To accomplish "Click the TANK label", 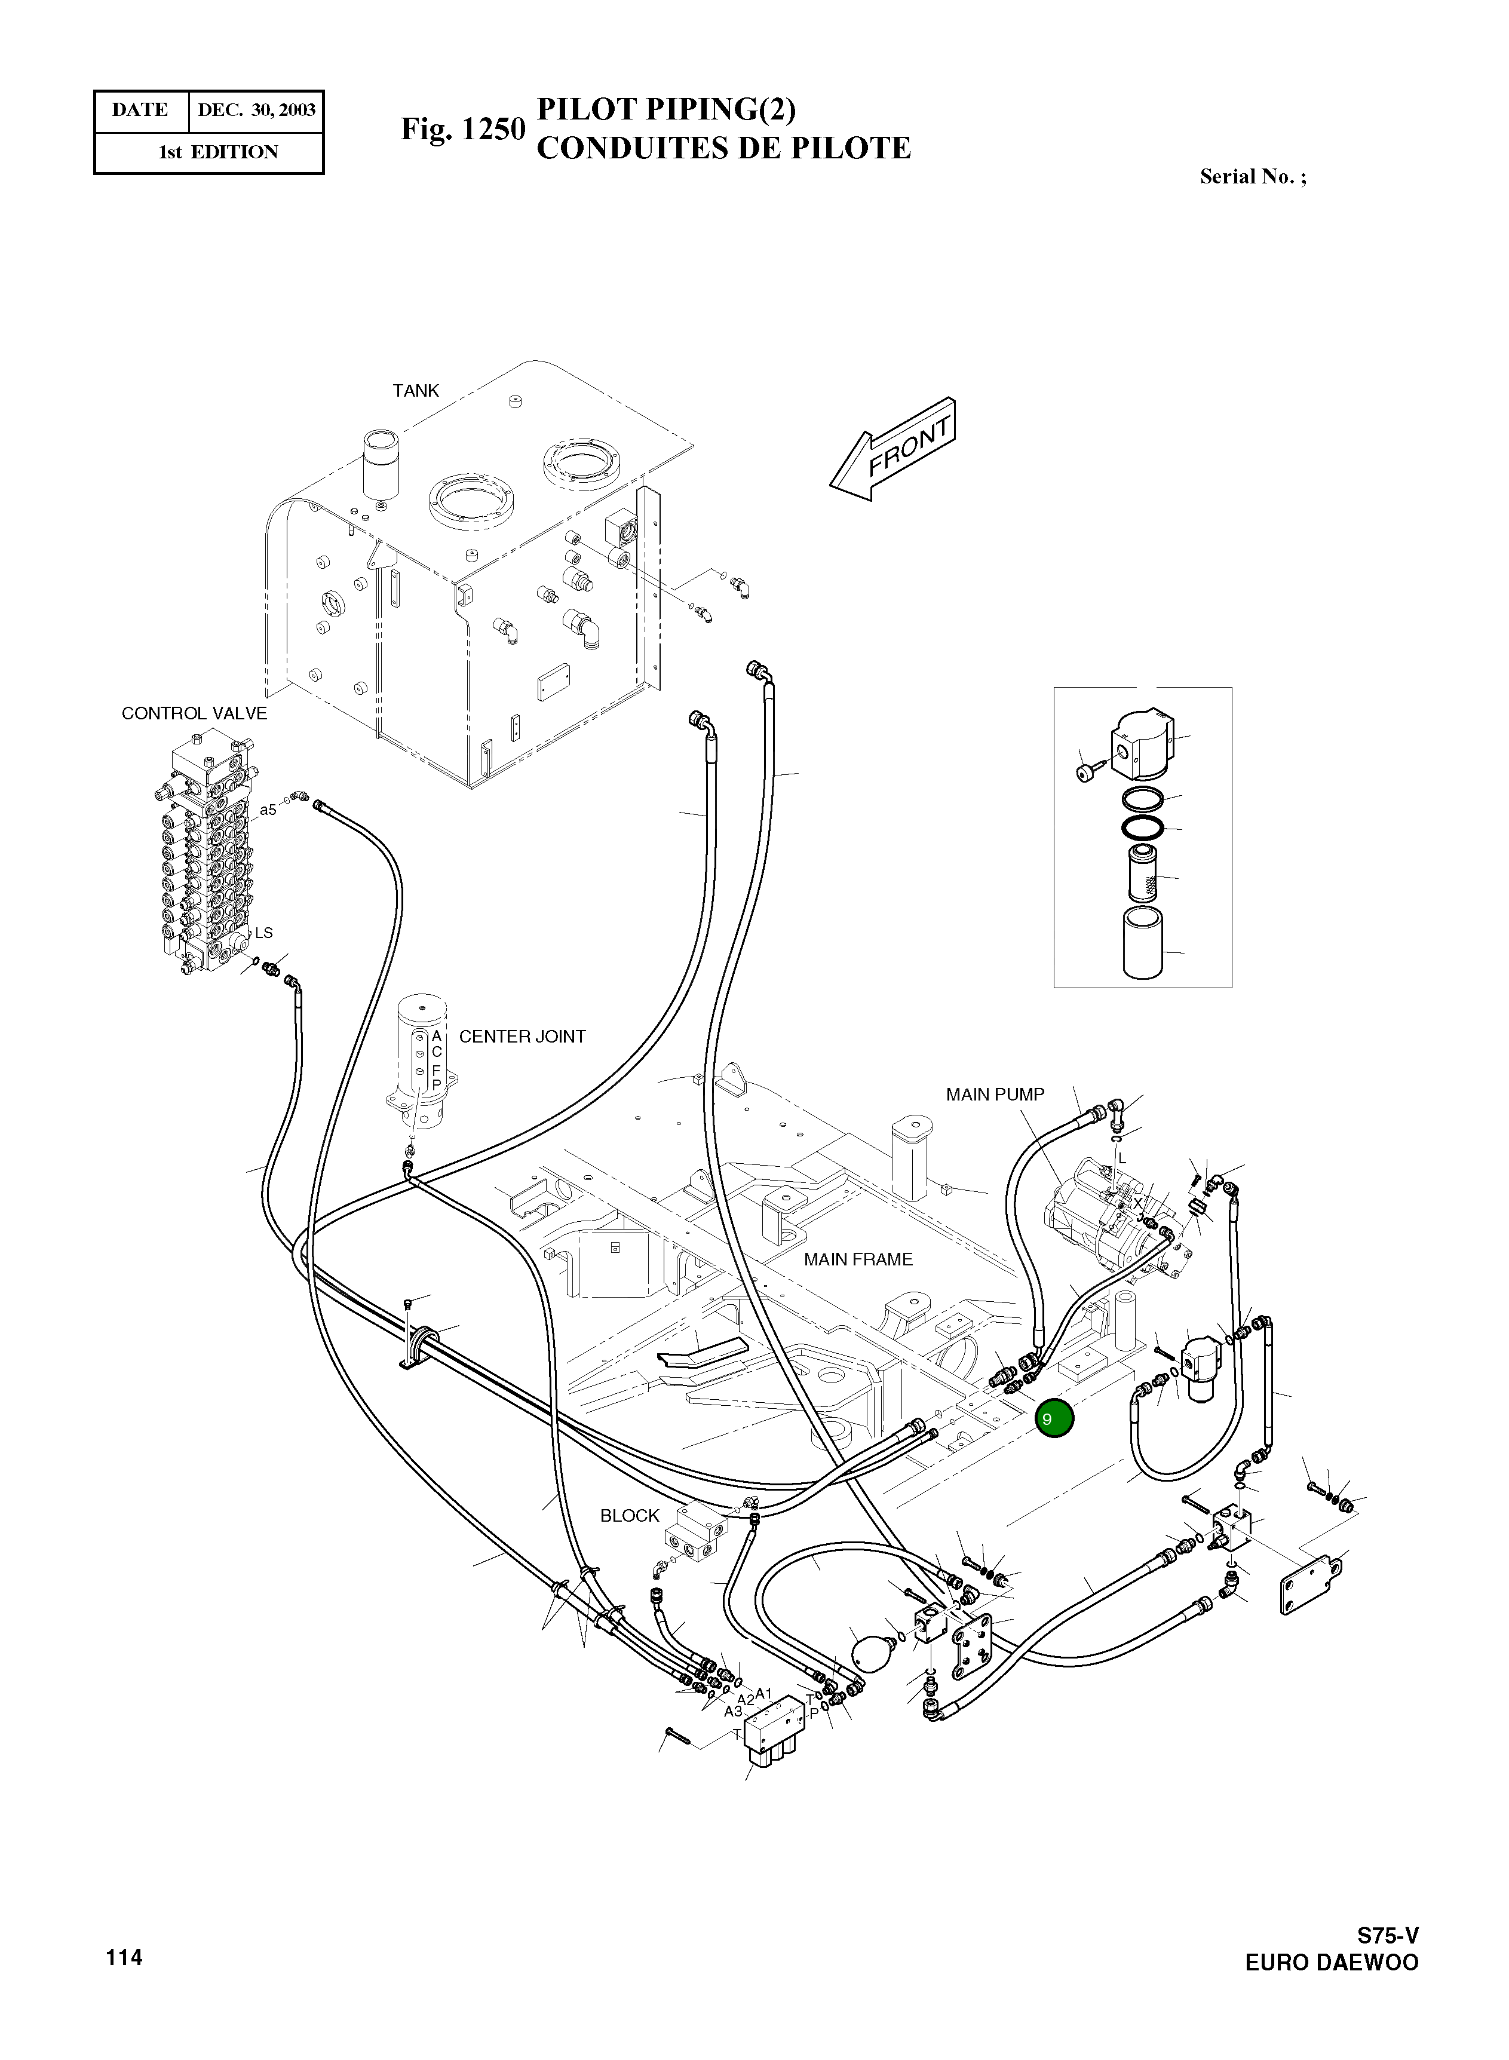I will (x=416, y=391).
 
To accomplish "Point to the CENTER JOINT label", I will (x=522, y=1036).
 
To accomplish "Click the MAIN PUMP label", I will (x=995, y=1095).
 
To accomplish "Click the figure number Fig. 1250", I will (x=463, y=129).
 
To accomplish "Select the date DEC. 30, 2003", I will (x=257, y=111).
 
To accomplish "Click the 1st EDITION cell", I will (x=217, y=152).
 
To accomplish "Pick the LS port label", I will (x=263, y=933).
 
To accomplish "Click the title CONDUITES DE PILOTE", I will (x=723, y=148).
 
